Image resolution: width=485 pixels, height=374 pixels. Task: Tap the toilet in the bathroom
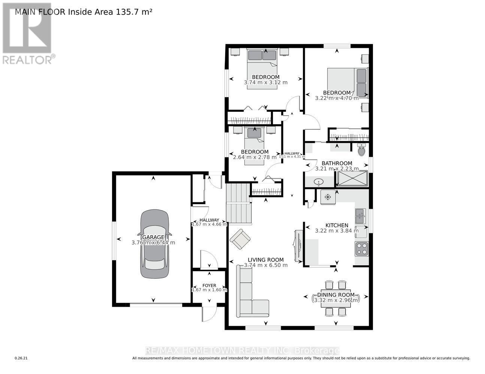pyautogui.click(x=361, y=150)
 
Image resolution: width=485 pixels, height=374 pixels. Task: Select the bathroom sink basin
pyautogui.click(x=319, y=182)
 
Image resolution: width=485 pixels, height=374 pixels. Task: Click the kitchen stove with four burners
pyautogui.click(x=362, y=249)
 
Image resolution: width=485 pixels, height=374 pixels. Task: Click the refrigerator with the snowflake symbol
pyautogui.click(x=328, y=197)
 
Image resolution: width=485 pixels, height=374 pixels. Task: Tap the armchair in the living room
pyautogui.click(x=240, y=239)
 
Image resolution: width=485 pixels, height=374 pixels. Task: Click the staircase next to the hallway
pyautogui.click(x=238, y=204)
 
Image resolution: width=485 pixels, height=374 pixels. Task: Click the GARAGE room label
pyautogui.click(x=153, y=237)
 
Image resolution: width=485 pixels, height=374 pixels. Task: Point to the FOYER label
pyautogui.click(x=209, y=285)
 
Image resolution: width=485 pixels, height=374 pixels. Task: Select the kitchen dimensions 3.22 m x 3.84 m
pyautogui.click(x=337, y=231)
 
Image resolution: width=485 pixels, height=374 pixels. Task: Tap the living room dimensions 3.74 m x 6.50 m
pyautogui.click(x=266, y=265)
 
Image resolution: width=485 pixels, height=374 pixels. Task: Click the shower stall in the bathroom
pyautogui.click(x=352, y=178)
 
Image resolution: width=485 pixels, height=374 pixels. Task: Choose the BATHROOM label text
pyautogui.click(x=337, y=163)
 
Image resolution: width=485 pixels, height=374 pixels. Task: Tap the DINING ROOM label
pyautogui.click(x=336, y=295)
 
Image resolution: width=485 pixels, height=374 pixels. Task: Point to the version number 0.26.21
pyautogui.click(x=21, y=358)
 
